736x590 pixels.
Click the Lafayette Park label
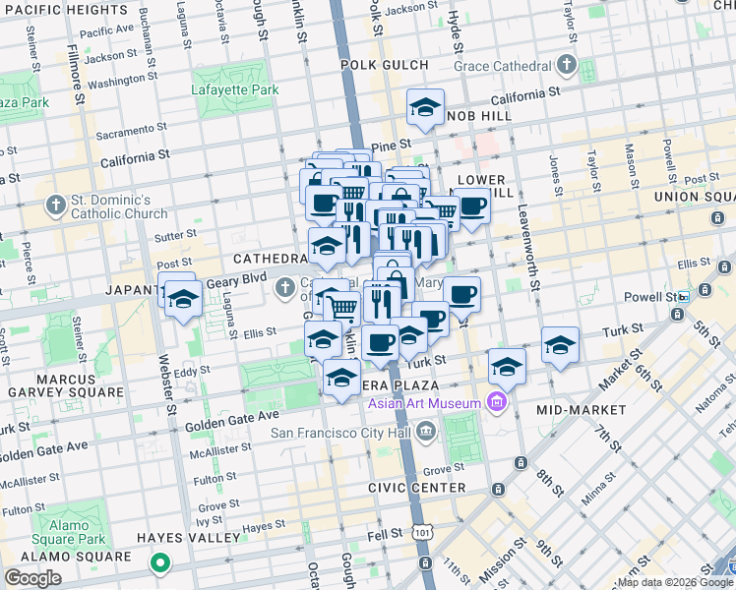[235, 89]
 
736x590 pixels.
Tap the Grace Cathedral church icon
[567, 66]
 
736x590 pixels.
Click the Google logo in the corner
[32, 578]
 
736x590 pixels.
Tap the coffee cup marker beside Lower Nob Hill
[472, 206]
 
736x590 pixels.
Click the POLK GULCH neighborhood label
[385, 65]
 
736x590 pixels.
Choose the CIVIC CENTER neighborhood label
[416, 488]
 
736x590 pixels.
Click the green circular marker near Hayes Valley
[158, 564]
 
